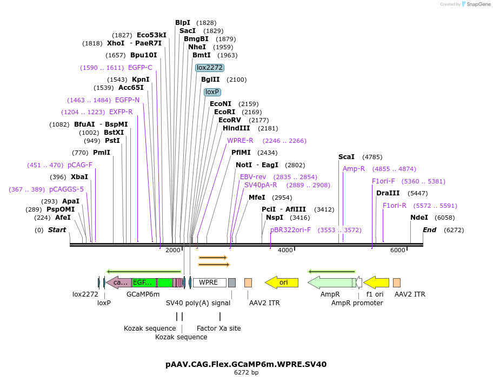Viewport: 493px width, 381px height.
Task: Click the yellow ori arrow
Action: click(x=282, y=283)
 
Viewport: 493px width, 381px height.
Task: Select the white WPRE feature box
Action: click(x=209, y=283)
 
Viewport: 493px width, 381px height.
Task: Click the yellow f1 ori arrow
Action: click(x=376, y=283)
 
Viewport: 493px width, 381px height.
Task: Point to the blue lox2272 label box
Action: click(x=209, y=68)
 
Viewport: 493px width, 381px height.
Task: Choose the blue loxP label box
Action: click(x=212, y=92)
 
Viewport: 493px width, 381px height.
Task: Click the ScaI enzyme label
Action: click(x=347, y=157)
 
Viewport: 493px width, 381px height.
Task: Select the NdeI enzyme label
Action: click(x=419, y=218)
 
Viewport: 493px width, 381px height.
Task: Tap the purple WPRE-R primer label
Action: click(x=240, y=141)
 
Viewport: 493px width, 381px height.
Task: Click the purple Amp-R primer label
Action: click(x=354, y=169)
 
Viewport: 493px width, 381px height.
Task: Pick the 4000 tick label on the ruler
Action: click(x=285, y=250)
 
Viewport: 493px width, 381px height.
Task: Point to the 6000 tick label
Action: click(x=398, y=250)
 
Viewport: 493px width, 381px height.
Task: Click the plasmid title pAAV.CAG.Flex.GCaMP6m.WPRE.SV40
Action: click(x=246, y=364)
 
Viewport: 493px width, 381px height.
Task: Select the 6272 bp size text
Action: click(x=246, y=372)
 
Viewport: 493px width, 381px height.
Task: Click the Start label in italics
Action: click(x=57, y=230)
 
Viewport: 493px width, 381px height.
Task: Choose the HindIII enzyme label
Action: click(x=236, y=128)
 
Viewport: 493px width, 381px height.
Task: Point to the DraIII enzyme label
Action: click(x=387, y=193)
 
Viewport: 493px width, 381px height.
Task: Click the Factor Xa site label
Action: click(x=218, y=329)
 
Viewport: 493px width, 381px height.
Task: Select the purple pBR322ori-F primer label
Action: click(x=290, y=230)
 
